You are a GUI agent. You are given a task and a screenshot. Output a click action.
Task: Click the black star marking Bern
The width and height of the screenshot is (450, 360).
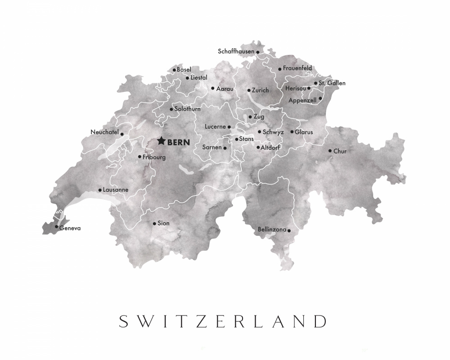(161, 141)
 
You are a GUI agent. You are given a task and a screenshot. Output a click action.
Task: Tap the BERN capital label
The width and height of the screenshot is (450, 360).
(179, 142)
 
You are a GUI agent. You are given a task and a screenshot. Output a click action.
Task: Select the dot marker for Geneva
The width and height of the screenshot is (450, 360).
(56, 227)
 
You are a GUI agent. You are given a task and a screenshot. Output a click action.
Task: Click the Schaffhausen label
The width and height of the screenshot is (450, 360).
(236, 51)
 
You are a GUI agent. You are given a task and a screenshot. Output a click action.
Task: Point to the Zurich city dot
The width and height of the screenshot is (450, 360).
(249, 90)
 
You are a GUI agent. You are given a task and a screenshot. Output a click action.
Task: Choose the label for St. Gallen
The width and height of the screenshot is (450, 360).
(332, 83)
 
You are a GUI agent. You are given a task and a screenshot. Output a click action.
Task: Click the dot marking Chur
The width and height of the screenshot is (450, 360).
(330, 151)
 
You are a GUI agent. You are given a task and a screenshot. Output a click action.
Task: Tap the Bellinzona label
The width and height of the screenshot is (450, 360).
(272, 229)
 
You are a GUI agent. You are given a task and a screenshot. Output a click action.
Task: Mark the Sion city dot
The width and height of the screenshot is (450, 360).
(154, 223)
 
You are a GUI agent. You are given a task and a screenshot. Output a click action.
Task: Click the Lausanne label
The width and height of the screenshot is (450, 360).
(116, 190)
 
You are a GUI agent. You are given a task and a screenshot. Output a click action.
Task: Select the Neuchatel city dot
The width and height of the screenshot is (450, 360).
(122, 134)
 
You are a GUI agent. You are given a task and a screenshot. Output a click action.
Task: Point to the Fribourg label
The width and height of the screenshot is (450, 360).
(154, 157)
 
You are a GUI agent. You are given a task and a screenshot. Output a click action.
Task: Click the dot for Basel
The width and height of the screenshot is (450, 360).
(174, 70)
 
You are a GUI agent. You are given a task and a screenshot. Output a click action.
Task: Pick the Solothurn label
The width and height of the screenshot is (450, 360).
(188, 109)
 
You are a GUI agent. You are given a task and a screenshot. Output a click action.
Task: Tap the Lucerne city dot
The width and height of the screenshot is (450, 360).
(229, 127)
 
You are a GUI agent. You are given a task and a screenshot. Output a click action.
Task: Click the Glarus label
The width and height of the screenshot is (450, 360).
(304, 132)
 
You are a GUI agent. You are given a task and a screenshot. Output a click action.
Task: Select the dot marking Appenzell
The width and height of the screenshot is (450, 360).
(320, 98)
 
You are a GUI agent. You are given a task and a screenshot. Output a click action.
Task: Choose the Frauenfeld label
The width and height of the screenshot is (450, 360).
(297, 68)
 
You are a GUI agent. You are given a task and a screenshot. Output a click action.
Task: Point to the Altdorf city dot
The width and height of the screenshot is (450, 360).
(258, 147)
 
